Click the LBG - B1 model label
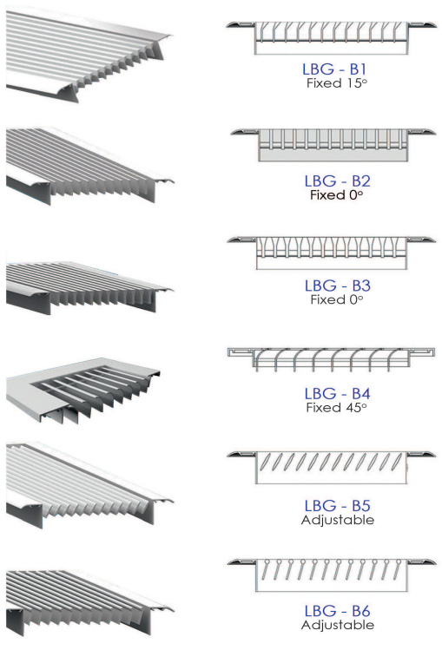[x=334, y=69]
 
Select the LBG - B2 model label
[x=337, y=181]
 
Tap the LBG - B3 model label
[x=337, y=286]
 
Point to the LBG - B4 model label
[x=337, y=393]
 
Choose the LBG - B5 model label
[x=337, y=506]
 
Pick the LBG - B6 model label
[x=337, y=611]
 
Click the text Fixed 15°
[x=337, y=83]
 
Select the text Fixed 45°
[x=336, y=408]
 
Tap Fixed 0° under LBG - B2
[x=336, y=195]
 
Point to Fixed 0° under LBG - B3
[x=337, y=299]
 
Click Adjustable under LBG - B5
[x=338, y=520]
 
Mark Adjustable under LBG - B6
[x=338, y=625]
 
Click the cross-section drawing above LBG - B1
[x=331, y=37]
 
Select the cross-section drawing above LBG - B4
[x=331, y=360]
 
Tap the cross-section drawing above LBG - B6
[x=332, y=574]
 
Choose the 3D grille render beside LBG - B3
[x=89, y=287]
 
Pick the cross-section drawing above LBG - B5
[x=332, y=468]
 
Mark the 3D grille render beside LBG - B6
[x=89, y=602]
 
